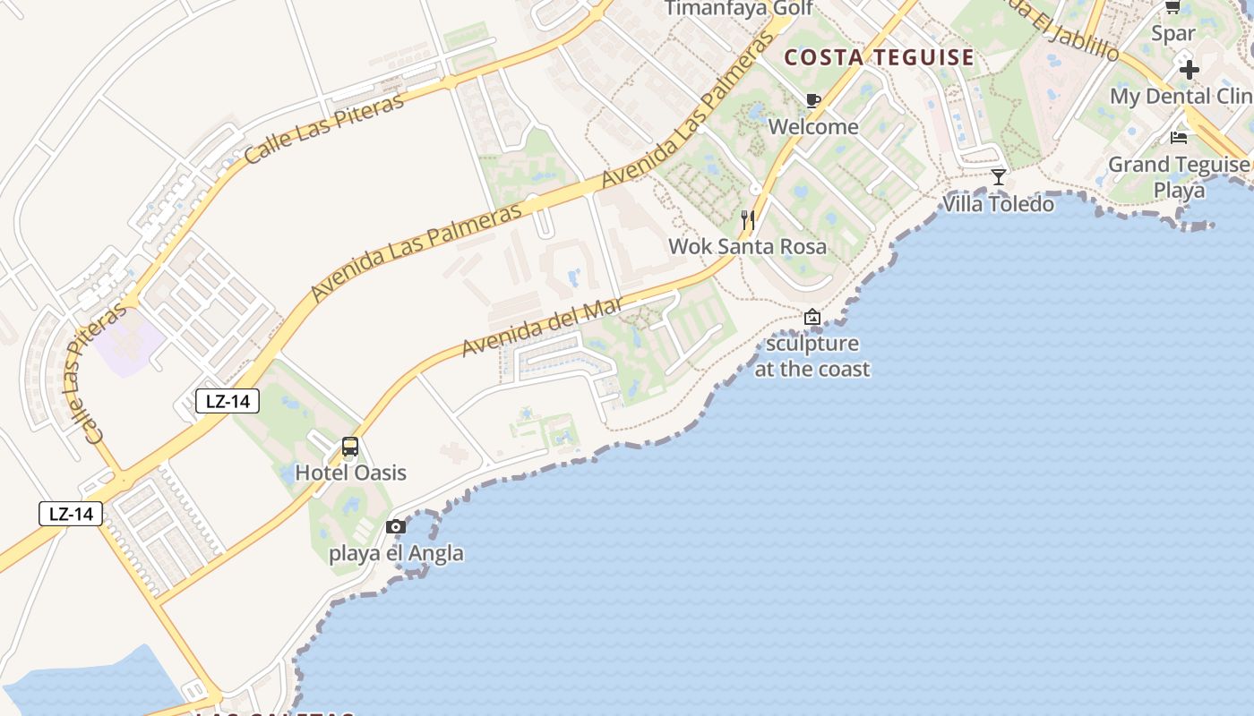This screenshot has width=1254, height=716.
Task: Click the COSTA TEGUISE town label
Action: click(879, 58)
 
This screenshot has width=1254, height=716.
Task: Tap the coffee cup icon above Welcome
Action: click(813, 100)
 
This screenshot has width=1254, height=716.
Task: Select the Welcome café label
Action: click(813, 126)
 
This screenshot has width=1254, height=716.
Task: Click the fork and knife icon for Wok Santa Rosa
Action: click(748, 219)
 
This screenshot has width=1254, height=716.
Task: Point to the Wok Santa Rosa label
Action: click(748, 246)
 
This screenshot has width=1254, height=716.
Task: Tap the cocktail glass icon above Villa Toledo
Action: click(999, 176)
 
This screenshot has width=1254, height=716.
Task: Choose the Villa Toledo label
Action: click(999, 204)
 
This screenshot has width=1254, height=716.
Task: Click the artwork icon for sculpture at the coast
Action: click(812, 317)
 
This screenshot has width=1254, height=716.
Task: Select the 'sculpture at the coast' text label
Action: click(812, 356)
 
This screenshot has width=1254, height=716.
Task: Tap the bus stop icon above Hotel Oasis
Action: click(350, 447)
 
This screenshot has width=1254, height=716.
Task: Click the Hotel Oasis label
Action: click(350, 473)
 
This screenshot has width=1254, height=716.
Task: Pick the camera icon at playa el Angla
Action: click(396, 526)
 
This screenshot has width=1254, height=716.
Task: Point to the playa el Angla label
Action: click(396, 553)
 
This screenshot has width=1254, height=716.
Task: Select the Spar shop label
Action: click(1173, 34)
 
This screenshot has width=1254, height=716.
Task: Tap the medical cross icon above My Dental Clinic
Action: click(1189, 69)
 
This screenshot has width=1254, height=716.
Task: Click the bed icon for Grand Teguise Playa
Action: click(1179, 137)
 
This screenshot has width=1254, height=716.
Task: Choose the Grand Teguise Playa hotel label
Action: click(1179, 177)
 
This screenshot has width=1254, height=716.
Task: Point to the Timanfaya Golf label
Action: click(739, 9)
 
